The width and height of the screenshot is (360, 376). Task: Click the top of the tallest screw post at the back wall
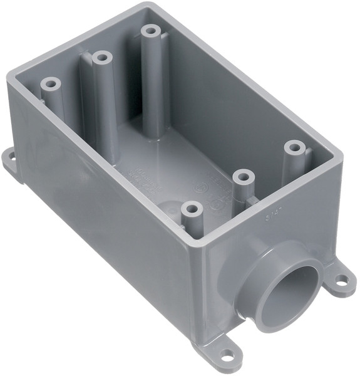(151, 30)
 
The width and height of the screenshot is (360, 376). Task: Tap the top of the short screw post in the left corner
(51, 83)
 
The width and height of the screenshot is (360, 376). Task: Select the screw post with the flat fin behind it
(101, 58)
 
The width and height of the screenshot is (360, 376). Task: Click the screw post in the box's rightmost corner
(294, 148)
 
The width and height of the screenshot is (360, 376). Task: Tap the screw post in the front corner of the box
(190, 207)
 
